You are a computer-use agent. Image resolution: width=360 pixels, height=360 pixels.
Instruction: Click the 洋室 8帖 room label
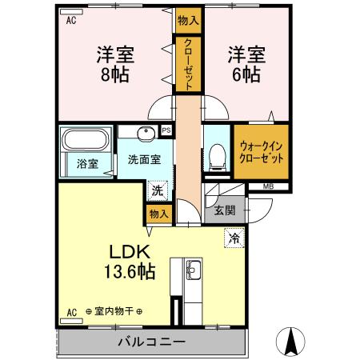(115, 65)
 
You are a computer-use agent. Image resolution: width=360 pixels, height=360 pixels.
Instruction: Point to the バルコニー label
(153, 342)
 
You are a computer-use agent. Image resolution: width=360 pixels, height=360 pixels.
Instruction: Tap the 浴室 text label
(87, 164)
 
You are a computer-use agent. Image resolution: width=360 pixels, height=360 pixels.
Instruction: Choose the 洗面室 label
(144, 158)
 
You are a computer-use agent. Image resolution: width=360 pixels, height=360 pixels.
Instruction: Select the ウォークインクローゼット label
(261, 152)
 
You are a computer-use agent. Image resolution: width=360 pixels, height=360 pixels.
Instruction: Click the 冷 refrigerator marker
(234, 238)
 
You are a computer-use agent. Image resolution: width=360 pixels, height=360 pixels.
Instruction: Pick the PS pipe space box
(166, 130)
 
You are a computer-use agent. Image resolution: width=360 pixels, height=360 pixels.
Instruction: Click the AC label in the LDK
(70, 312)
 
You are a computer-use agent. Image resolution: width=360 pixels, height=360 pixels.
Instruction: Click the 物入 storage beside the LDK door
(158, 214)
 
